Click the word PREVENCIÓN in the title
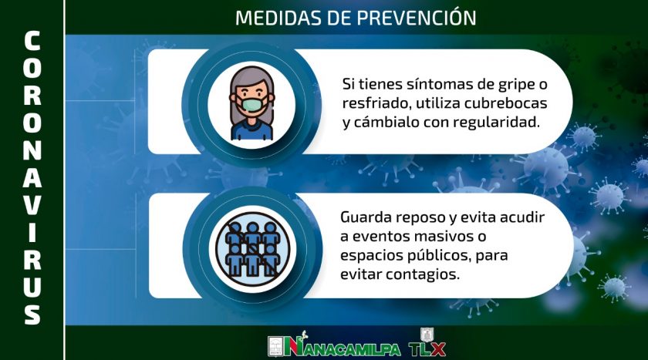pos(416,18)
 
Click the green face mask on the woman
pos(252,105)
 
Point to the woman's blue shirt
pos(251,130)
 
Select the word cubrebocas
pos(506,103)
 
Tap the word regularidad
pos(496,123)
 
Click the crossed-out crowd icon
pos(252,249)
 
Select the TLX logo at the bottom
pos(427,344)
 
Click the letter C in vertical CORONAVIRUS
pos(32,41)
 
